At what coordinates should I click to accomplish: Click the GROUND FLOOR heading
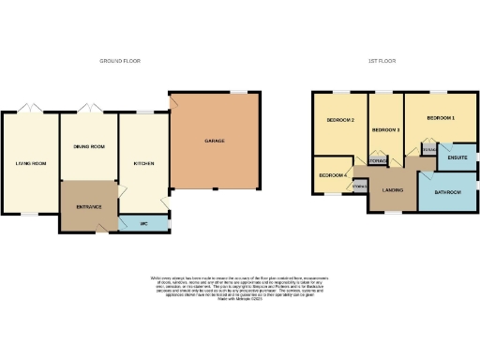(x=119, y=60)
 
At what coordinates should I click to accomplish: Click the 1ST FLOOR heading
(x=382, y=60)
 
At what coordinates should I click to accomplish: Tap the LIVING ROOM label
(x=30, y=163)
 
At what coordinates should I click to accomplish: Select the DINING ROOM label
(x=89, y=146)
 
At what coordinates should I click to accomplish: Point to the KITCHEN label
(x=143, y=163)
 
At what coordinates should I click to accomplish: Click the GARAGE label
(x=215, y=142)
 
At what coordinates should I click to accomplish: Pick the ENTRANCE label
(x=89, y=205)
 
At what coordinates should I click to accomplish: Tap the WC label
(x=145, y=223)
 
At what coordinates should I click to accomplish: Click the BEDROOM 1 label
(x=441, y=118)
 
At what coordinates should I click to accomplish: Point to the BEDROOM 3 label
(x=385, y=129)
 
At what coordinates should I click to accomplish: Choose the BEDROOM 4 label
(x=332, y=175)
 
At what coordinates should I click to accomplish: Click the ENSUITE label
(x=457, y=157)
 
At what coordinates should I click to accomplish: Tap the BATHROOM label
(x=447, y=192)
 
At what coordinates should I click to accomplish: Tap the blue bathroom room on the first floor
(x=447, y=199)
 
